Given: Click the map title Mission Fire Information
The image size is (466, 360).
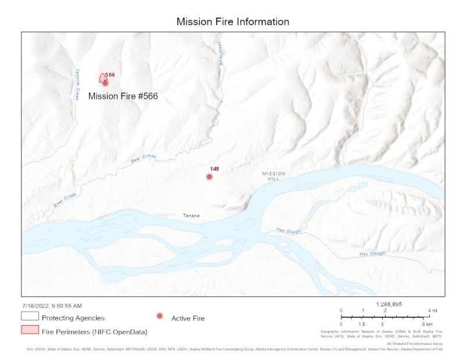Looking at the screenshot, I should point(233,22).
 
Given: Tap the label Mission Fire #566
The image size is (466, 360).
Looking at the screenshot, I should point(123,96).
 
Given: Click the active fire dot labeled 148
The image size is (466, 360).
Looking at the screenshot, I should point(209,177).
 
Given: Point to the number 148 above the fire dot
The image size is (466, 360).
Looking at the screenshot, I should point(214,169).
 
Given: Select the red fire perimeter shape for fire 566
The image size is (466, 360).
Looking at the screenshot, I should point(103,79).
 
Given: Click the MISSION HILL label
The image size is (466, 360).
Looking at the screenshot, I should point(274,176).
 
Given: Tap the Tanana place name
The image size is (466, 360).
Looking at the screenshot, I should point(191,216).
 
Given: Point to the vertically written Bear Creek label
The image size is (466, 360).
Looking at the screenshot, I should point(221,54).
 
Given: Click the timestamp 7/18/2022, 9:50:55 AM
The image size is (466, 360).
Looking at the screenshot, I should point(52,305).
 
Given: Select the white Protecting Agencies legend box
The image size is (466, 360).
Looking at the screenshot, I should point(30,317).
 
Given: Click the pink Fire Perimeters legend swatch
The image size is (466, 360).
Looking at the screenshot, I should point(30,330).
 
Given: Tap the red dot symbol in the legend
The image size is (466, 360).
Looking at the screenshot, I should point(160,316).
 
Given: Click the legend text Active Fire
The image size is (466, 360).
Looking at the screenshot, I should point(188,318).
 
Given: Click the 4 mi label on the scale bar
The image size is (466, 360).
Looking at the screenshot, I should point(432,310).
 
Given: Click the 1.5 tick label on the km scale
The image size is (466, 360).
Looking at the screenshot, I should point(362,324).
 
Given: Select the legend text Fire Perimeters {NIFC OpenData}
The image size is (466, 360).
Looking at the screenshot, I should point(94,331).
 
